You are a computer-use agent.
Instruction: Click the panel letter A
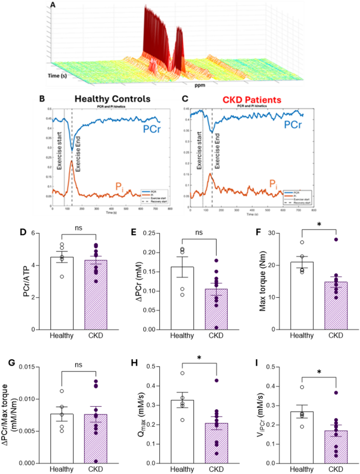point(52,6)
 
